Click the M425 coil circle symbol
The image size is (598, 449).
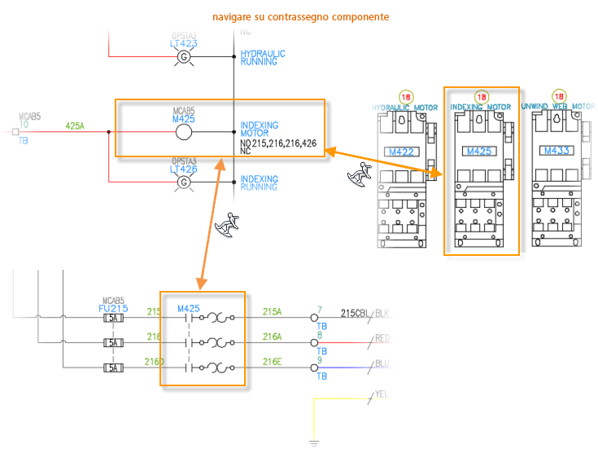tap(184, 132)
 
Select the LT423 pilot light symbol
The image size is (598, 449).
tap(184, 56)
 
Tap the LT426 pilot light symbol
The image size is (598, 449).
tap(184, 182)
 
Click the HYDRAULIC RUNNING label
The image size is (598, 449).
tap(263, 58)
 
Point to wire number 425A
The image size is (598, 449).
tap(75, 125)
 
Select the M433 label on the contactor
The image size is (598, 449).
tap(557, 151)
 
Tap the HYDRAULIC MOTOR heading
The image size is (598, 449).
tap(404, 107)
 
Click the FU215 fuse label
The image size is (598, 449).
tap(112, 309)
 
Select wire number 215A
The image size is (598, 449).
tap(272, 311)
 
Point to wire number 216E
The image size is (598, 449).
tap(272, 362)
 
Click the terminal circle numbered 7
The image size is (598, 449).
tap(315, 318)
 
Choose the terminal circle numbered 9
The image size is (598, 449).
tap(315, 368)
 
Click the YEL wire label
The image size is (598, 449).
tap(381, 394)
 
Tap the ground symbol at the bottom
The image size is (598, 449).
tap(314, 443)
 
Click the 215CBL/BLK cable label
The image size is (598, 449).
tap(365, 312)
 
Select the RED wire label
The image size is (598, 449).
tap(382, 337)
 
